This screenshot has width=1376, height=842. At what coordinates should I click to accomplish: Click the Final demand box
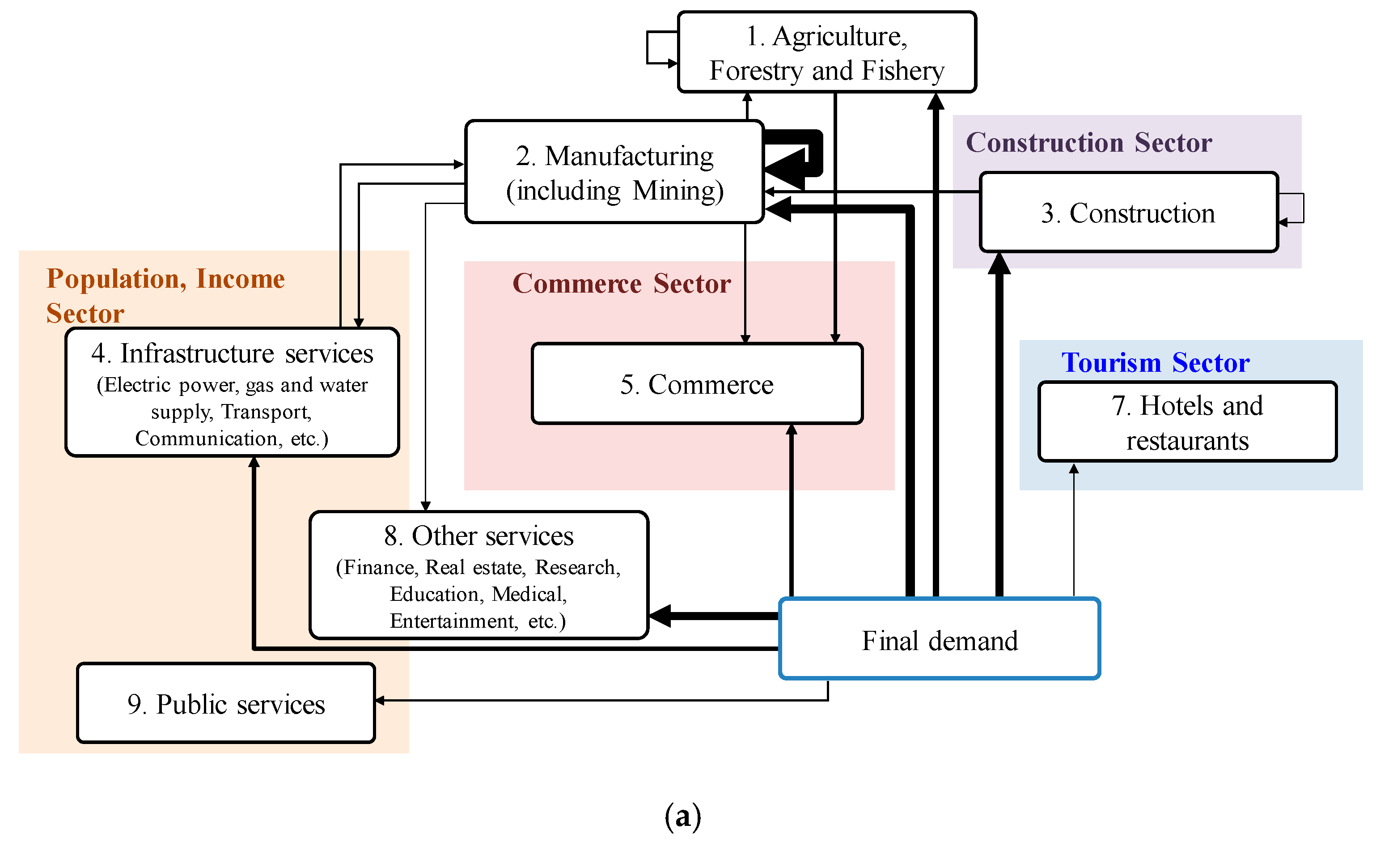point(939,639)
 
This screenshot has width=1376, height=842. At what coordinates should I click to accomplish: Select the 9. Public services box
point(226,703)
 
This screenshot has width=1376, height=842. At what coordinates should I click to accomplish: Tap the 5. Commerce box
point(697,384)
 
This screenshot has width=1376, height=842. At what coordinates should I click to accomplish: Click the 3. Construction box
point(1128,213)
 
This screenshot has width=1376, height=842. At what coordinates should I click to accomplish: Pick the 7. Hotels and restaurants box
point(1187,422)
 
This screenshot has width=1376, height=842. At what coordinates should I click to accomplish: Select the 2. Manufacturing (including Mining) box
point(614,172)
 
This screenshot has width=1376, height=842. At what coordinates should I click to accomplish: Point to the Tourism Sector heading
point(1155,362)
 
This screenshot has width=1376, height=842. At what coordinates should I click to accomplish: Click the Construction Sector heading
point(1089,142)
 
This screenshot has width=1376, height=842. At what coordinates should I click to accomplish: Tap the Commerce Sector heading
point(622,283)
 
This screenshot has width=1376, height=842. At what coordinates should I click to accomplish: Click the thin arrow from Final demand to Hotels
point(1073,531)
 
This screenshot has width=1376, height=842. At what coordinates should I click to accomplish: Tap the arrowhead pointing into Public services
point(380,700)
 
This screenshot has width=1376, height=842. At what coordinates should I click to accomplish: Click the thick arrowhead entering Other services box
point(660,616)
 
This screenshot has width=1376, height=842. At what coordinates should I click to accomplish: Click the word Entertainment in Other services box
point(453,621)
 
